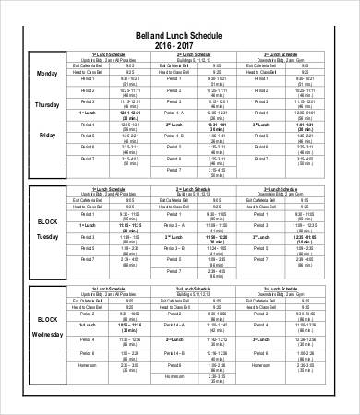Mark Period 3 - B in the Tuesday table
coord(174,248)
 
